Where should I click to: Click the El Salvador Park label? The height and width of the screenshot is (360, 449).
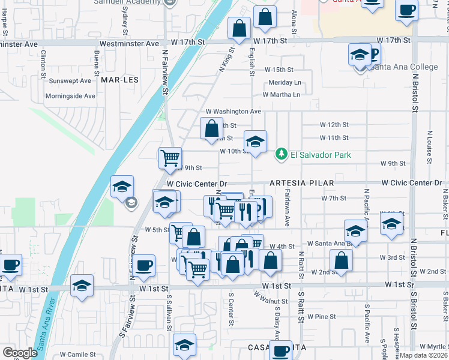click(321, 155)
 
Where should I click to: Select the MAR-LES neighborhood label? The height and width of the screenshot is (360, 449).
click(116, 79)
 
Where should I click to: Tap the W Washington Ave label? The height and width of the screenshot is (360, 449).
click(234, 112)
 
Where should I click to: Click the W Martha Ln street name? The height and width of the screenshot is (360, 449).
click(281, 94)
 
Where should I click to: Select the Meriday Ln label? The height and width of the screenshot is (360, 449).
click(285, 82)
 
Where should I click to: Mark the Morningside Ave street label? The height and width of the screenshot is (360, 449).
click(72, 96)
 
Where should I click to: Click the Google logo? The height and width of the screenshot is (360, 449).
click(20, 353)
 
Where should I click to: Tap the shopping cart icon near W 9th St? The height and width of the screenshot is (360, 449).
click(170, 157)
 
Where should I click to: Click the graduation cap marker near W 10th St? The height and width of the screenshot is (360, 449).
click(255, 142)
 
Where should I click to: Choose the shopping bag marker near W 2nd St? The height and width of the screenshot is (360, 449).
click(341, 260)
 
